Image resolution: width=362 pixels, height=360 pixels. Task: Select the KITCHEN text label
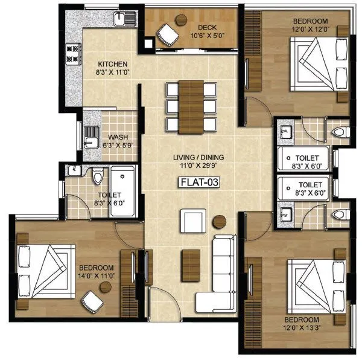tap(113, 63)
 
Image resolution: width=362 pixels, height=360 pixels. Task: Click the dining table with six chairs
tap(192, 104)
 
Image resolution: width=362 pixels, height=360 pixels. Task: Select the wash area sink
tap(91, 137)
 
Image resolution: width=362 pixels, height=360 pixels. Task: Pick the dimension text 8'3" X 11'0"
tap(113, 72)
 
